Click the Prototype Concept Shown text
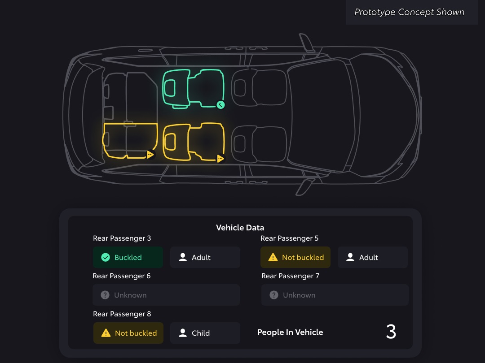[x=409, y=12]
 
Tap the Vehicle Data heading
[x=240, y=228]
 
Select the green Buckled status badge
[x=128, y=257]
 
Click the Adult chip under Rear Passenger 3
[x=205, y=257]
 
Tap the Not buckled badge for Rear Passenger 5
[x=295, y=257]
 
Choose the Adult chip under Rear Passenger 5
[x=373, y=257]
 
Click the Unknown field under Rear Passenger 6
[x=166, y=295]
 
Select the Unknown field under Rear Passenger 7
[x=335, y=295]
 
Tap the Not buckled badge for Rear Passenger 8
[x=128, y=333]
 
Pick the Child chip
[x=205, y=333]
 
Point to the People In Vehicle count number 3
[x=391, y=332]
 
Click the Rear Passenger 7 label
[x=290, y=276]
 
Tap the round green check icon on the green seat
[x=220, y=105]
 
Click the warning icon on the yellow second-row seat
[x=220, y=159]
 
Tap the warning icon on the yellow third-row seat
[x=150, y=154]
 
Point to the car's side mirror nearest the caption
[x=306, y=42]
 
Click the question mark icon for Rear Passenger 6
[x=105, y=295]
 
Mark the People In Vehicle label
[x=290, y=332]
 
